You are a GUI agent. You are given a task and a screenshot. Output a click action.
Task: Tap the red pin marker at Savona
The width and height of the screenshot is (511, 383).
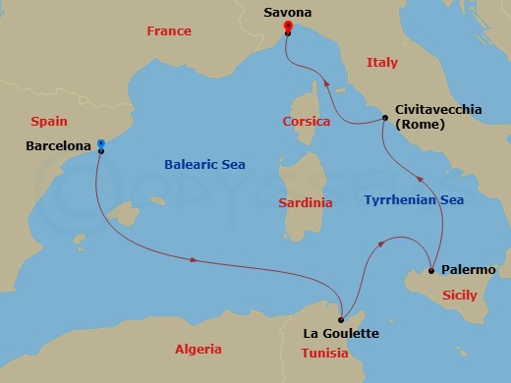[287, 27]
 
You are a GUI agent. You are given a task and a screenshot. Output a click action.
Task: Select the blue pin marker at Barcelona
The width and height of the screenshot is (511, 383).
[100, 144]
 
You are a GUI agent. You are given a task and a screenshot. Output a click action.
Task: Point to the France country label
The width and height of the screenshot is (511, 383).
[168, 31]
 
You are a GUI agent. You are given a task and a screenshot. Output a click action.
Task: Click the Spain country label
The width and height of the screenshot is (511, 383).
[48, 123]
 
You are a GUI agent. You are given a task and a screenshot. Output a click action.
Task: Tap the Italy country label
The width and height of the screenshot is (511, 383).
[382, 63]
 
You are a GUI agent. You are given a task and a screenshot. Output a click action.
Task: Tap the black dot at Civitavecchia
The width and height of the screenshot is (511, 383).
[384, 119]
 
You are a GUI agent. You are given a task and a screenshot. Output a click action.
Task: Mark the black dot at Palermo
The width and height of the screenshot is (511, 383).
[431, 270]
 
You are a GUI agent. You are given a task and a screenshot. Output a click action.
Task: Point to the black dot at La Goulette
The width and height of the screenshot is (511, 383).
[341, 319]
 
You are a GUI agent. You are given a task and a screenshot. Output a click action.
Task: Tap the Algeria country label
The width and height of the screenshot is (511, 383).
[198, 349]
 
